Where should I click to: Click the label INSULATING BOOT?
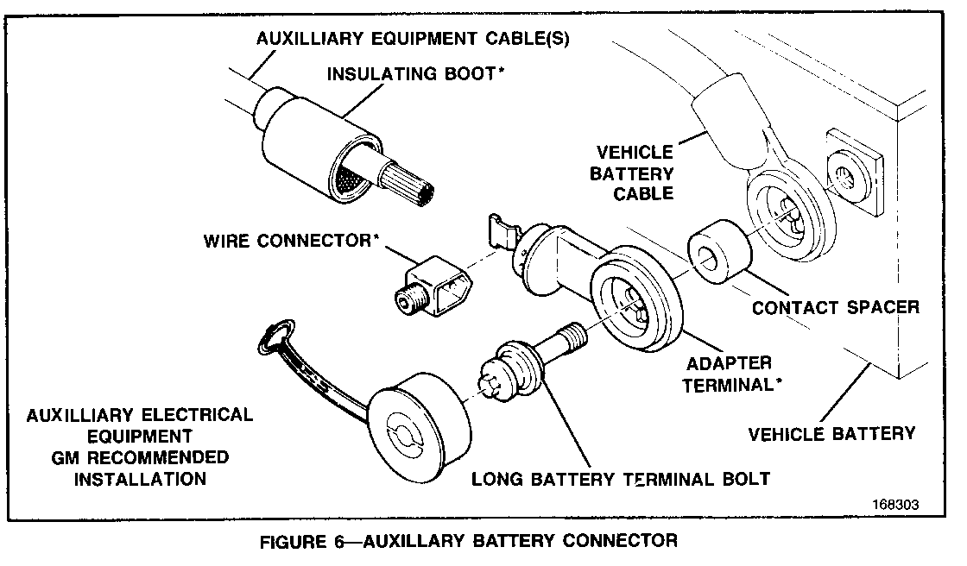pyautogui.click(x=414, y=74)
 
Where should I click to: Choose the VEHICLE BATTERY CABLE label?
pyautogui.click(x=631, y=173)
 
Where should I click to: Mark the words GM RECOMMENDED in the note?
pyautogui.click(x=139, y=456)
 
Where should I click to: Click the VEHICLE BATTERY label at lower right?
pyautogui.click(x=831, y=432)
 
